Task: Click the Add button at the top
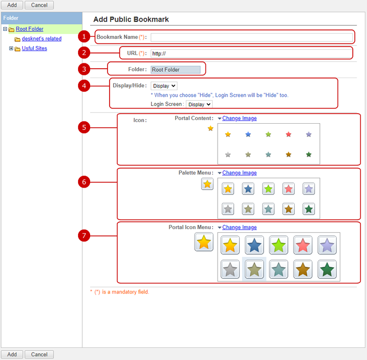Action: click(x=12, y=5)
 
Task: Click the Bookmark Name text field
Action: click(x=252, y=37)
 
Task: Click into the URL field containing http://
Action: click(x=251, y=53)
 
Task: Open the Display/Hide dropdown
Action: click(x=164, y=86)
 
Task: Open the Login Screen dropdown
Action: click(x=199, y=104)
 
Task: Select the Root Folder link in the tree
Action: click(x=29, y=29)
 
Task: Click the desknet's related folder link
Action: click(x=41, y=39)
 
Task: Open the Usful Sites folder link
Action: click(x=35, y=48)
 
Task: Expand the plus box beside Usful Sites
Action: click(x=11, y=48)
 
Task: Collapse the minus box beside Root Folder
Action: click(x=5, y=29)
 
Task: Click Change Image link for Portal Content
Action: click(x=240, y=118)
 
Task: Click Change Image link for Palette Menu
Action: click(x=240, y=173)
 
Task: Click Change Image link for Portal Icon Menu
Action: click(x=240, y=227)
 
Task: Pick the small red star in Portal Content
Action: click(x=288, y=134)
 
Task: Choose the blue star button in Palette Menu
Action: click(x=248, y=189)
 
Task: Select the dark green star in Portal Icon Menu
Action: click(x=327, y=269)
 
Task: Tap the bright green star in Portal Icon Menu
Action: click(x=278, y=245)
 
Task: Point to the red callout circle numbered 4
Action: click(x=84, y=86)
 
